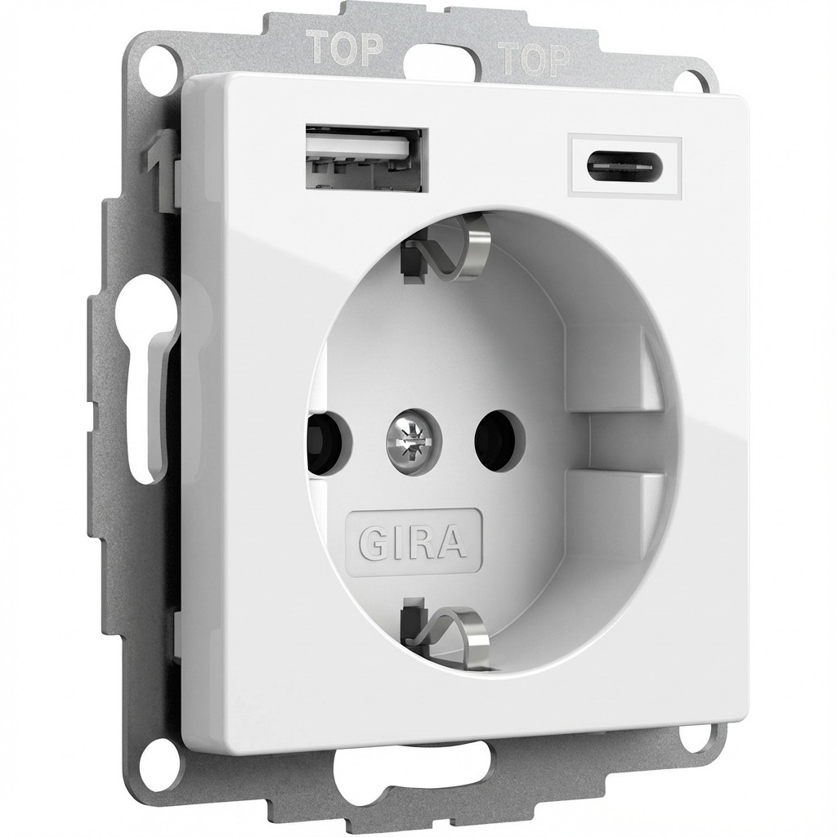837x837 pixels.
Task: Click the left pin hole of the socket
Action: pos(325,427)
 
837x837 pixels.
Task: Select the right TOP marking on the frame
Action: pos(533,58)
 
